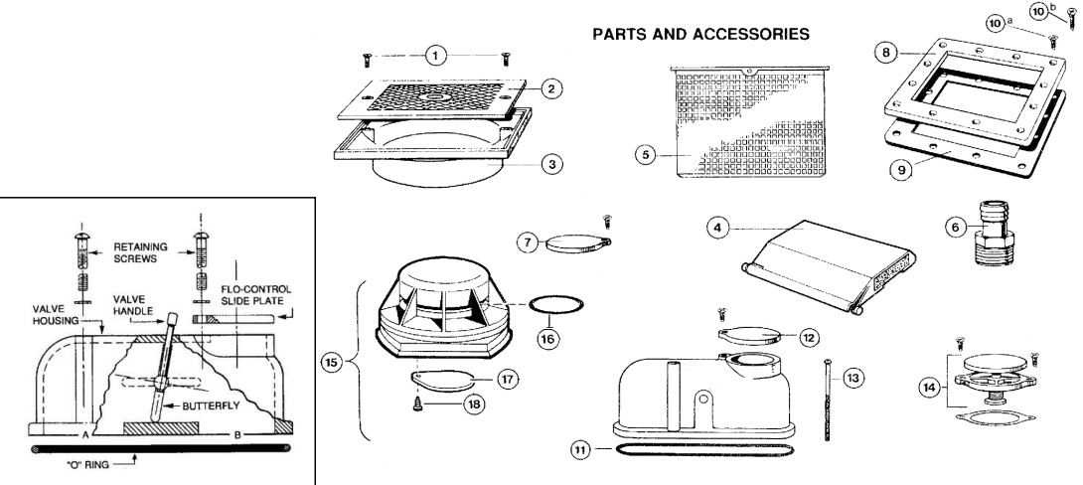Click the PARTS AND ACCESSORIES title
(700, 34)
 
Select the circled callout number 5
(646, 155)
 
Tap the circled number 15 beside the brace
(332, 363)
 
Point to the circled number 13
(853, 378)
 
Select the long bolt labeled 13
(828, 400)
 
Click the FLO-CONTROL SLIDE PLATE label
(255, 296)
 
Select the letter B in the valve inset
(236, 435)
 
